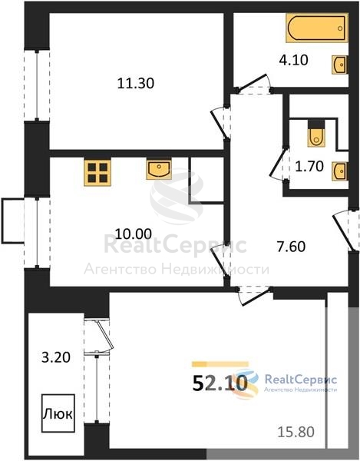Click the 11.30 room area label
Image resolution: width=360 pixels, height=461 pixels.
coord(136,83)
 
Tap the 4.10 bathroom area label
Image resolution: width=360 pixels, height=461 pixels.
coord(294,60)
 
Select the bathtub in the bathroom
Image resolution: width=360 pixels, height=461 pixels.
coord(317,28)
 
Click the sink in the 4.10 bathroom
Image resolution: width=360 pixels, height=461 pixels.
coord(340,65)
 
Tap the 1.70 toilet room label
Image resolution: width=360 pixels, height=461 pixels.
coord(309,167)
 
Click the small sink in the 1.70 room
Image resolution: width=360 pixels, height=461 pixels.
coord(340,171)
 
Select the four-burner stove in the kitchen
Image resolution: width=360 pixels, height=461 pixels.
coord(97,173)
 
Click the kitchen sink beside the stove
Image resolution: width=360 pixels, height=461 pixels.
coord(159,169)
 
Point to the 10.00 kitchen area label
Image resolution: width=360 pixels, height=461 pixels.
coord(134,234)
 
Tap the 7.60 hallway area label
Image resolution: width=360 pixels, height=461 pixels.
coord(291,247)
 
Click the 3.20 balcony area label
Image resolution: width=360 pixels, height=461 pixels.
coord(56,358)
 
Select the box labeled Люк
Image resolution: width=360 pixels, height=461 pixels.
coord(58,413)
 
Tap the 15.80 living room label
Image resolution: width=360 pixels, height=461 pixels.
coord(296,432)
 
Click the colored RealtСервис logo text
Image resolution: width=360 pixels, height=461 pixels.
coord(301,380)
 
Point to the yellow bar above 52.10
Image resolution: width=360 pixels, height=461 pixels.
coord(220,364)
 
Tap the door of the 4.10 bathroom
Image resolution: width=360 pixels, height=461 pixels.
coord(254,83)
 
